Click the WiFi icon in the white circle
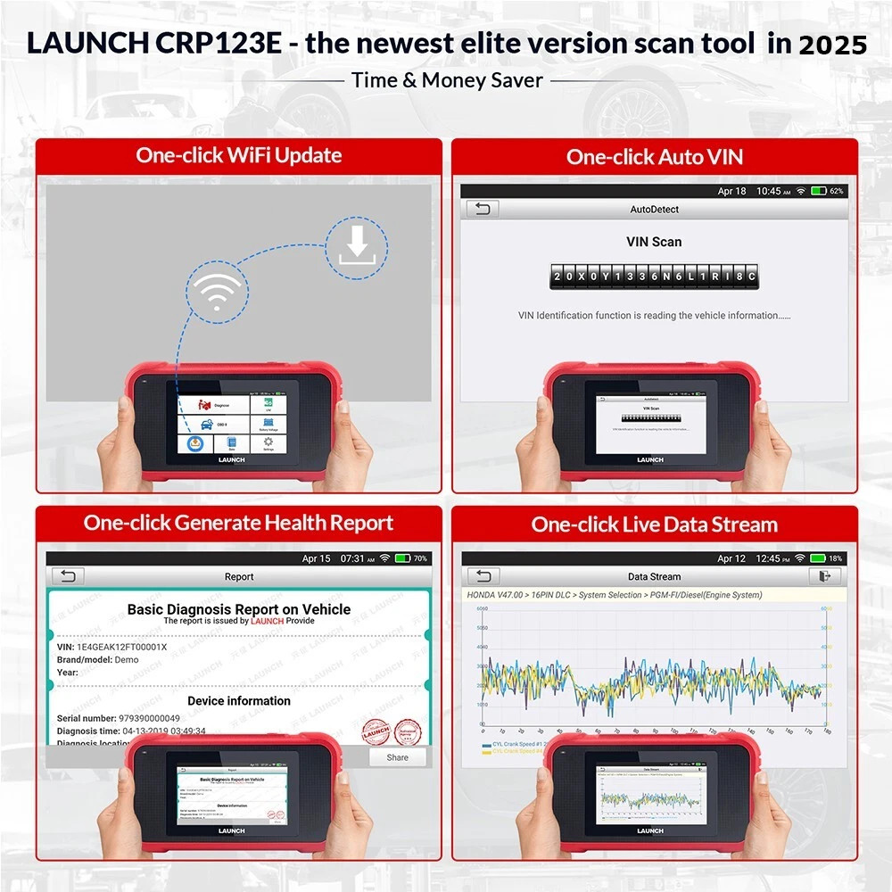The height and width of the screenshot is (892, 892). coord(215,293)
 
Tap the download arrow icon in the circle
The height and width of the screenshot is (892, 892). coord(357,244)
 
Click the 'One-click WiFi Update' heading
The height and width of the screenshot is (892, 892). coord(239,155)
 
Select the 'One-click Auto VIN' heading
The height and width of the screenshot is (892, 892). coord(655,157)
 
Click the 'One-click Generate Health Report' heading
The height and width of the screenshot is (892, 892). coord(239,523)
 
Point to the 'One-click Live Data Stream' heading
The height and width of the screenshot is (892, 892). coord(655,524)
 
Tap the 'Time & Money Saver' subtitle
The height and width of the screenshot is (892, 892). coord(447,80)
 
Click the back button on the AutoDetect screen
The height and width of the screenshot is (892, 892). coord(483,209)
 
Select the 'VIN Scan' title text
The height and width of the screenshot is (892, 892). coord(654,242)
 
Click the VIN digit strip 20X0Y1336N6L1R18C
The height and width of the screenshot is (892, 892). coord(654,277)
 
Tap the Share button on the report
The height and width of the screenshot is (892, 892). coord(398,757)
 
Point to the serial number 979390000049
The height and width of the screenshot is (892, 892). coord(149,718)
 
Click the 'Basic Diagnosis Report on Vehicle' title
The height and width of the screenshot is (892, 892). coord(239,609)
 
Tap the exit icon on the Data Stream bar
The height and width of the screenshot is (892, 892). coord(825,576)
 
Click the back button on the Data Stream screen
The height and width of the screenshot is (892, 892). coord(483,576)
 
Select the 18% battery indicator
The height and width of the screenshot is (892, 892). coord(826,558)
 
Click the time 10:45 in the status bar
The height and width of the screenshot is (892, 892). coord(768,191)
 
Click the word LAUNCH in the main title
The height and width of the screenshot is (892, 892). coord(85,44)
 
